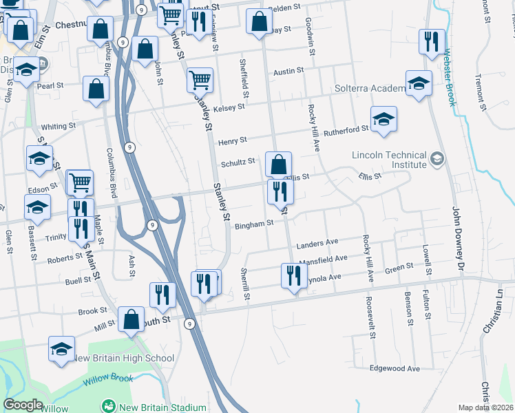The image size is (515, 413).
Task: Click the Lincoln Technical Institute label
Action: tap(389, 160)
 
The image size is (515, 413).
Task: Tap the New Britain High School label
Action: tap(123, 358)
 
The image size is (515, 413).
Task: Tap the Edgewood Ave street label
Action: tap(395, 368)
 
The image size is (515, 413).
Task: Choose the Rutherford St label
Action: tap(347, 129)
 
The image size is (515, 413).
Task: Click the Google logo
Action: tap(23, 405)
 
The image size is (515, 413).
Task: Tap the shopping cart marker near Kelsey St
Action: tap(200, 80)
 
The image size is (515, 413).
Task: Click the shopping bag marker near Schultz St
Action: tap(278, 165)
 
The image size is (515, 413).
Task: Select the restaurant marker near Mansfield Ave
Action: tap(294, 276)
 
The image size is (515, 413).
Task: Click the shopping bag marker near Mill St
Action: tap(131, 319)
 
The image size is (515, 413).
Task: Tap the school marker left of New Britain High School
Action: tap(61, 349)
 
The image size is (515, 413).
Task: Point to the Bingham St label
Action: tap(254, 224)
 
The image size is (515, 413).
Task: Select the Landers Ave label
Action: tap(317, 244)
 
